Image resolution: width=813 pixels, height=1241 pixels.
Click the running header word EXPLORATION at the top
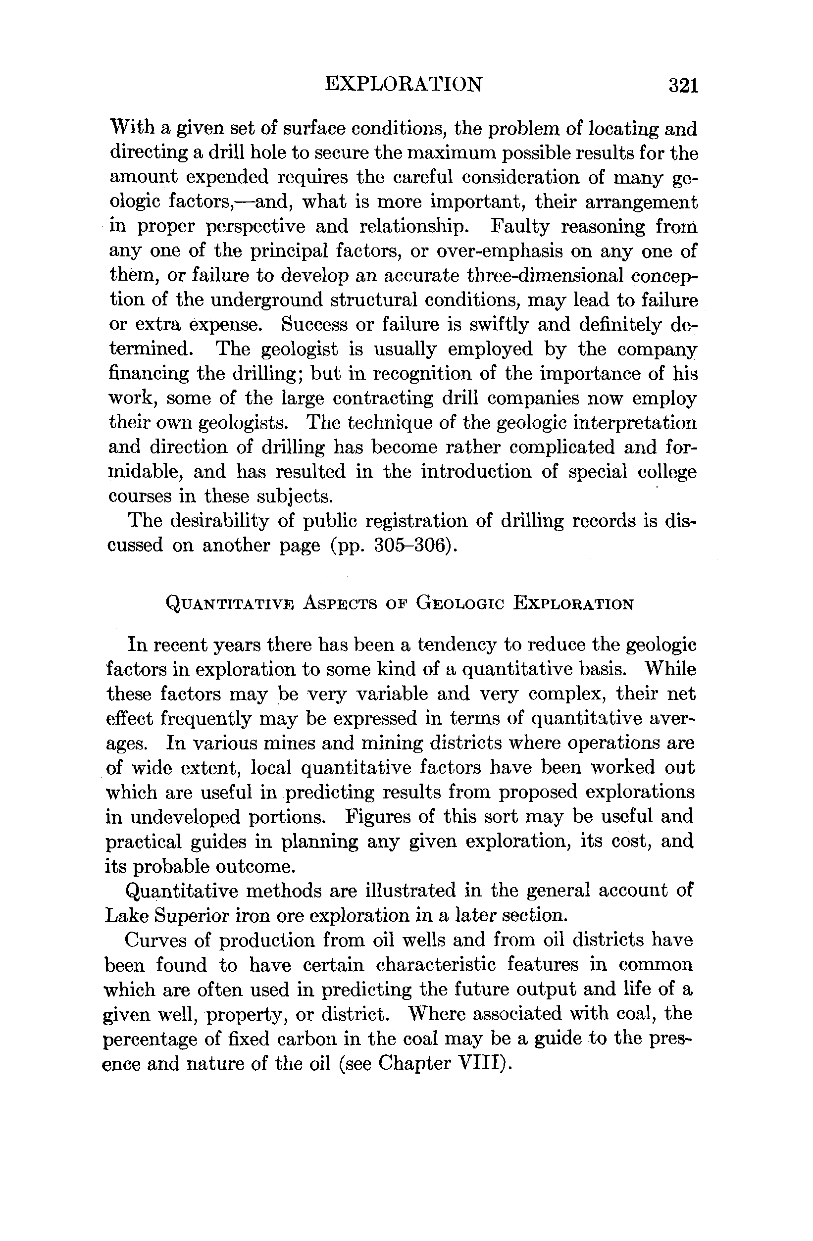click(404, 84)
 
